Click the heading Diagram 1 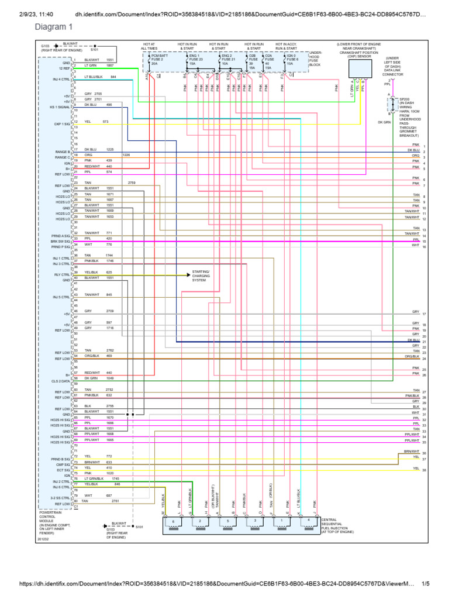click(x=54, y=27)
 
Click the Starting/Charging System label click(x=201, y=276)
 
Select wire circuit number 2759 click(x=132, y=183)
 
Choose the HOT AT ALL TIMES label click(x=150, y=47)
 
